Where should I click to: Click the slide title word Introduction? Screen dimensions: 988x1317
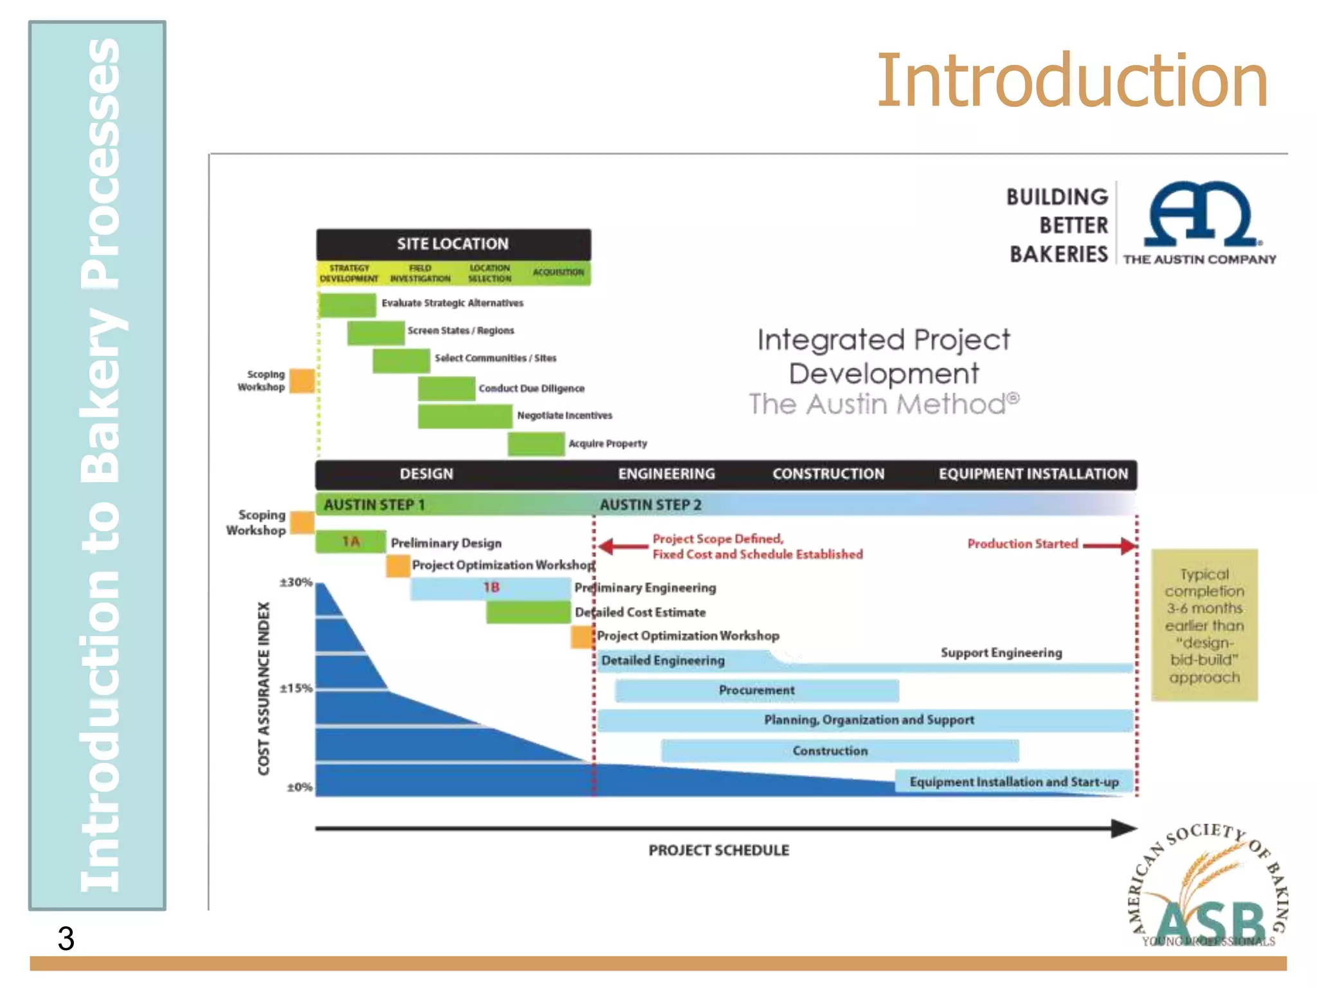click(x=1072, y=81)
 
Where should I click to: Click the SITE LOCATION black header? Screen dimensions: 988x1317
click(x=453, y=244)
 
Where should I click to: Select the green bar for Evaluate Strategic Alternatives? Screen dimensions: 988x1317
click(x=347, y=304)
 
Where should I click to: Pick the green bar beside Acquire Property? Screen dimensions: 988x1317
click(x=536, y=444)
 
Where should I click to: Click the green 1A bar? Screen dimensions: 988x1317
click(x=350, y=542)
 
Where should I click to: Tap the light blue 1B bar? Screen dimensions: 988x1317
click(x=491, y=588)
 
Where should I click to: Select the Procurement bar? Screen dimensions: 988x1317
click(x=756, y=691)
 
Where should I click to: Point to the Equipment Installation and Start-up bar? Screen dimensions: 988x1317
click(x=1013, y=782)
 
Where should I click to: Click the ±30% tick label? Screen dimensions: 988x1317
click(x=296, y=583)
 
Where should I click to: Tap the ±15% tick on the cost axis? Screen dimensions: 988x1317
click(x=296, y=688)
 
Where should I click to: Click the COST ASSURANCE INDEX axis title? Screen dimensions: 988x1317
click(x=264, y=688)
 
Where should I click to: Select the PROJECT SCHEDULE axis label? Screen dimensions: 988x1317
click(x=718, y=850)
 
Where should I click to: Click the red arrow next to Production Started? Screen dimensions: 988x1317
click(x=1110, y=545)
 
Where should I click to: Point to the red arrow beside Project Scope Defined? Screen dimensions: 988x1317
click(x=622, y=547)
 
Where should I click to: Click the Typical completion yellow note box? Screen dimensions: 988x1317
click(x=1204, y=625)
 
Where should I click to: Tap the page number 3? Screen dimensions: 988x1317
click(x=66, y=938)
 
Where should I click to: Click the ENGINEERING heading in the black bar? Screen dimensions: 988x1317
click(x=666, y=474)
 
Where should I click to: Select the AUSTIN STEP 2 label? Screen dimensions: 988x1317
click(x=650, y=505)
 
